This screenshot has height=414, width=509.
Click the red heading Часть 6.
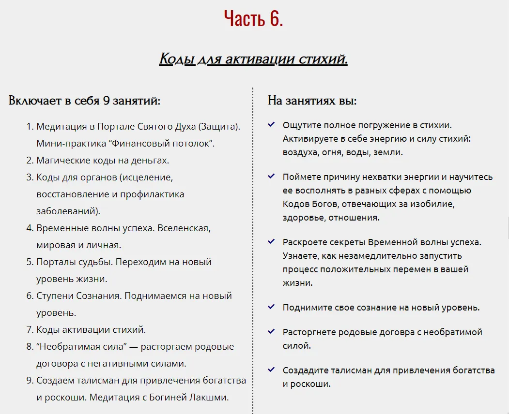(x=254, y=19)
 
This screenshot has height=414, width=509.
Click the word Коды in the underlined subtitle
(x=177, y=59)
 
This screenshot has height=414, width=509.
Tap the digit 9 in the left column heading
(x=108, y=101)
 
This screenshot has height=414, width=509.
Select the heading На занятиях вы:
(x=312, y=101)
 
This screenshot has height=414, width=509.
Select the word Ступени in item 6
(x=55, y=296)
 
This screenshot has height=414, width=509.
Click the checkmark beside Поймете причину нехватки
(x=271, y=177)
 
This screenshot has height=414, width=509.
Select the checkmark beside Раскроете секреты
(x=271, y=241)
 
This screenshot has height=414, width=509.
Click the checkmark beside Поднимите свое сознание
(x=271, y=307)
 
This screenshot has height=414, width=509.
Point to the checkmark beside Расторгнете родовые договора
(x=271, y=332)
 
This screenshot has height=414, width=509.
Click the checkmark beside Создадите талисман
(x=271, y=370)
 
